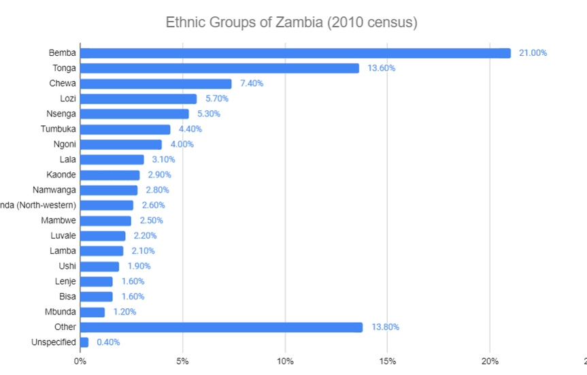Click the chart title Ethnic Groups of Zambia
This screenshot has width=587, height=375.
click(291, 22)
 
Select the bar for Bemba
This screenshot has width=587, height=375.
click(295, 53)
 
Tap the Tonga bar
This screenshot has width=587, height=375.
click(220, 68)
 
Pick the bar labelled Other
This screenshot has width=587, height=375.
click(222, 327)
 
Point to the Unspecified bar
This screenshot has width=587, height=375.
click(84, 342)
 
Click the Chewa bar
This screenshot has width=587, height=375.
click(156, 84)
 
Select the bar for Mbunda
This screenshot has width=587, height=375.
click(93, 312)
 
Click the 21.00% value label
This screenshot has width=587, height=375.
click(533, 53)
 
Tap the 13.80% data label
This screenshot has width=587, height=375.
click(386, 327)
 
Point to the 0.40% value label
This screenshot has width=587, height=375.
click(108, 342)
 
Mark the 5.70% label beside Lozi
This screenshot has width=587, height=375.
click(217, 99)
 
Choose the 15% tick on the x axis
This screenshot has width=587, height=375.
click(387, 361)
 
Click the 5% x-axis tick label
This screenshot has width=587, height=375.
click(182, 361)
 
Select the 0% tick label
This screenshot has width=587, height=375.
click(80, 361)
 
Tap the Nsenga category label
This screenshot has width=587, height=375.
click(60, 114)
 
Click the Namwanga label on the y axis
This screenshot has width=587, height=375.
click(54, 190)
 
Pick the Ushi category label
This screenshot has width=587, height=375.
click(67, 266)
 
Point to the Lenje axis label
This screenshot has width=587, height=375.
click(65, 281)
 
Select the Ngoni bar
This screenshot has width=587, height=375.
click(121, 144)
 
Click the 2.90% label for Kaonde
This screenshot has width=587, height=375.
click(159, 175)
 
